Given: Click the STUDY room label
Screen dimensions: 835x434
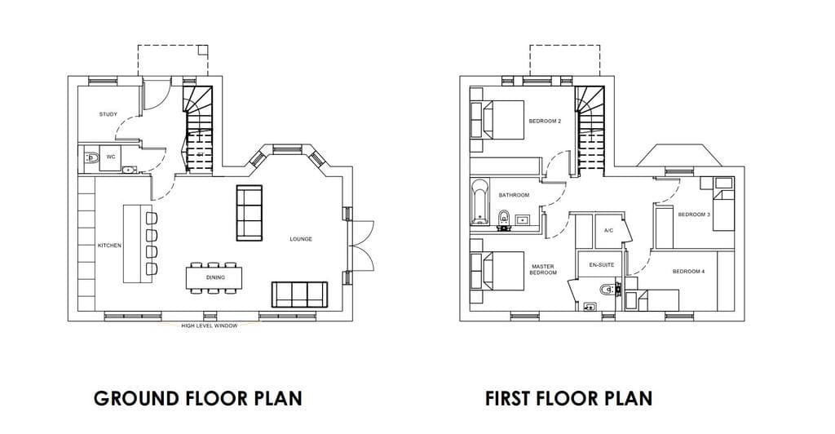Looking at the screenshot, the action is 108,114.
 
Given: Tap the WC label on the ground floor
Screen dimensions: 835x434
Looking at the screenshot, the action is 111,157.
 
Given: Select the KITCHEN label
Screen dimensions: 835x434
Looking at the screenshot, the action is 110,246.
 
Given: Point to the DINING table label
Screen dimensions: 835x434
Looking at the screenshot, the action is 215,277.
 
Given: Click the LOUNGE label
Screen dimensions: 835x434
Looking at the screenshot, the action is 301,239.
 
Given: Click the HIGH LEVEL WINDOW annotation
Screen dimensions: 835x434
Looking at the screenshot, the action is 210,325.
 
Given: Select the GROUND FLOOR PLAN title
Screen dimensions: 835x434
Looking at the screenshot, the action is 198,398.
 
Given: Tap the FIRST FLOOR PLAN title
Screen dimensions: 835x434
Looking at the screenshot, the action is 568,398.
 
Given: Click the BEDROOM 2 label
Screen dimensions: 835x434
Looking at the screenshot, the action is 545,122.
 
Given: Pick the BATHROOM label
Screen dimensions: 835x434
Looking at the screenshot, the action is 514,196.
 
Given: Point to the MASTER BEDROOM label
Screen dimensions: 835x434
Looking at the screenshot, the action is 543,269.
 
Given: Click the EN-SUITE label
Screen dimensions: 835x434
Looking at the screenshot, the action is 602,265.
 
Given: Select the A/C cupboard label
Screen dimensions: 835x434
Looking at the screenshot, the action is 609,231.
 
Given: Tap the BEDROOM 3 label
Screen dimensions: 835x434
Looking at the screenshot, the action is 694,215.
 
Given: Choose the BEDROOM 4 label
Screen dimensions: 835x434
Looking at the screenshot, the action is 688,272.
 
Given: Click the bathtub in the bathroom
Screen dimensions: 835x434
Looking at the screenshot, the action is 479,202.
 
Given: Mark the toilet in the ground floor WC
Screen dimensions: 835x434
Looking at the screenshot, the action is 91,157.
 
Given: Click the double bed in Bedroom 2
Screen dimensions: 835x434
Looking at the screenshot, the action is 498,121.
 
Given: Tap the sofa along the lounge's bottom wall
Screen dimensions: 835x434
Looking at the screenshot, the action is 299,294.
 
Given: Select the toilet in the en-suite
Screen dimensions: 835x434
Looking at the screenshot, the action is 608,290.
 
